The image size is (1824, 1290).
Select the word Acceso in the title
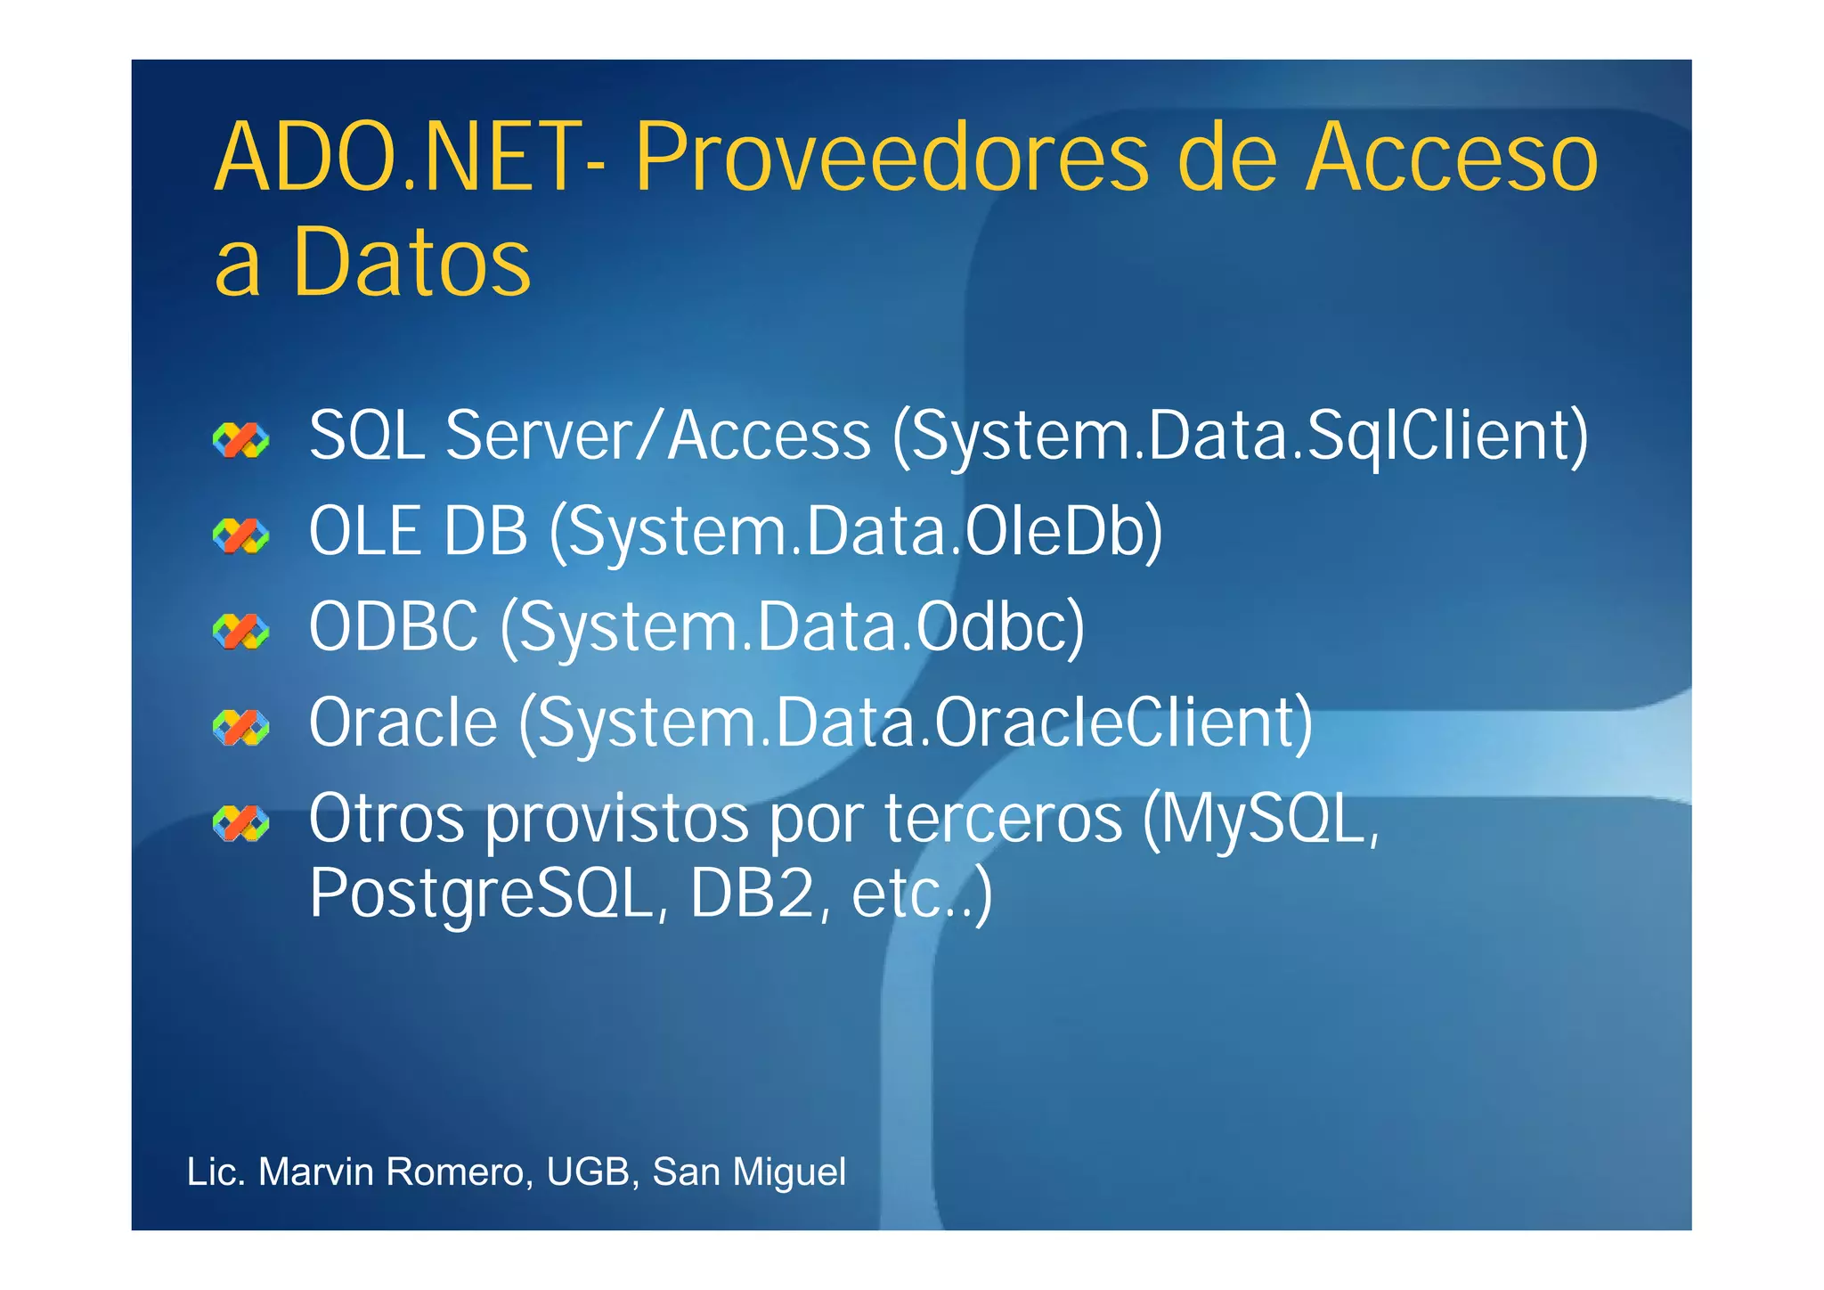pos(1452,159)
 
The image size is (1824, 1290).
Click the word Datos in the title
pos(411,262)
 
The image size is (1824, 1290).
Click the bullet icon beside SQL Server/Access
pos(240,439)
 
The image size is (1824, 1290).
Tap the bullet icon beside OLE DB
pos(240,535)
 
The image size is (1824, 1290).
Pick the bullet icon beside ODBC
pos(240,631)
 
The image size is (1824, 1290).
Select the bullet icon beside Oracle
pos(240,727)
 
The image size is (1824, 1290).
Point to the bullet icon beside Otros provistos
pos(240,823)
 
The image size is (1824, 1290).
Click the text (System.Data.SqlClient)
pos(1241,437)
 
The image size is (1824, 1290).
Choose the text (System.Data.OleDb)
pos(856,533)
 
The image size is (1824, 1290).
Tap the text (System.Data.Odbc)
pos(793,628)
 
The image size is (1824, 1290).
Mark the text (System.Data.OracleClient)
pos(916,723)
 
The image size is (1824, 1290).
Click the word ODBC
pos(393,627)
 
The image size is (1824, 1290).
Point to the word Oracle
pos(403,723)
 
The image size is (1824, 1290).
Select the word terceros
pos(1004,819)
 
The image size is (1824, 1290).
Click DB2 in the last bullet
pos(753,894)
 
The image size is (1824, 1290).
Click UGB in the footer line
pos(588,1172)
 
